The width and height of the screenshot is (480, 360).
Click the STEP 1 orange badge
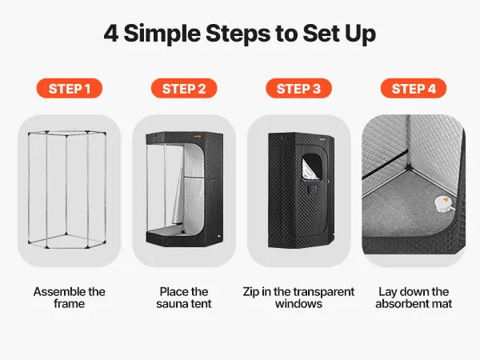(x=70, y=88)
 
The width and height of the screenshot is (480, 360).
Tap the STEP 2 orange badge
(x=184, y=88)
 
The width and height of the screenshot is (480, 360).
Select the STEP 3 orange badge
(x=298, y=88)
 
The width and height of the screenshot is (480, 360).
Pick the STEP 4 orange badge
(x=414, y=88)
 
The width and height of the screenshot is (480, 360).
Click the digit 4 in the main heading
(x=111, y=34)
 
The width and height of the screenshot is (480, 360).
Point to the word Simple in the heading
(x=162, y=34)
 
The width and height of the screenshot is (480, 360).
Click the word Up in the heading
(x=360, y=34)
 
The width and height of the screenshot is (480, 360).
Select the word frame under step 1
(x=69, y=304)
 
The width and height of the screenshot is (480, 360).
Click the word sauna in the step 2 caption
(x=170, y=304)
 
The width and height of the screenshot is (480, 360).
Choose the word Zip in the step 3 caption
(x=251, y=292)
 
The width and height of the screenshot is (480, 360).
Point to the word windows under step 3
(x=298, y=304)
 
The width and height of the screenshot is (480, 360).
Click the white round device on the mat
(x=443, y=204)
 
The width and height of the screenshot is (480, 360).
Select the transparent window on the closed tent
(x=312, y=167)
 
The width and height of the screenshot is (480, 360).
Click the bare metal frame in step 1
(x=67, y=190)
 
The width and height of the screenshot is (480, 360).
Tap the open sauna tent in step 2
(x=184, y=190)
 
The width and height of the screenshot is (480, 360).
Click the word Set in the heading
(x=322, y=34)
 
